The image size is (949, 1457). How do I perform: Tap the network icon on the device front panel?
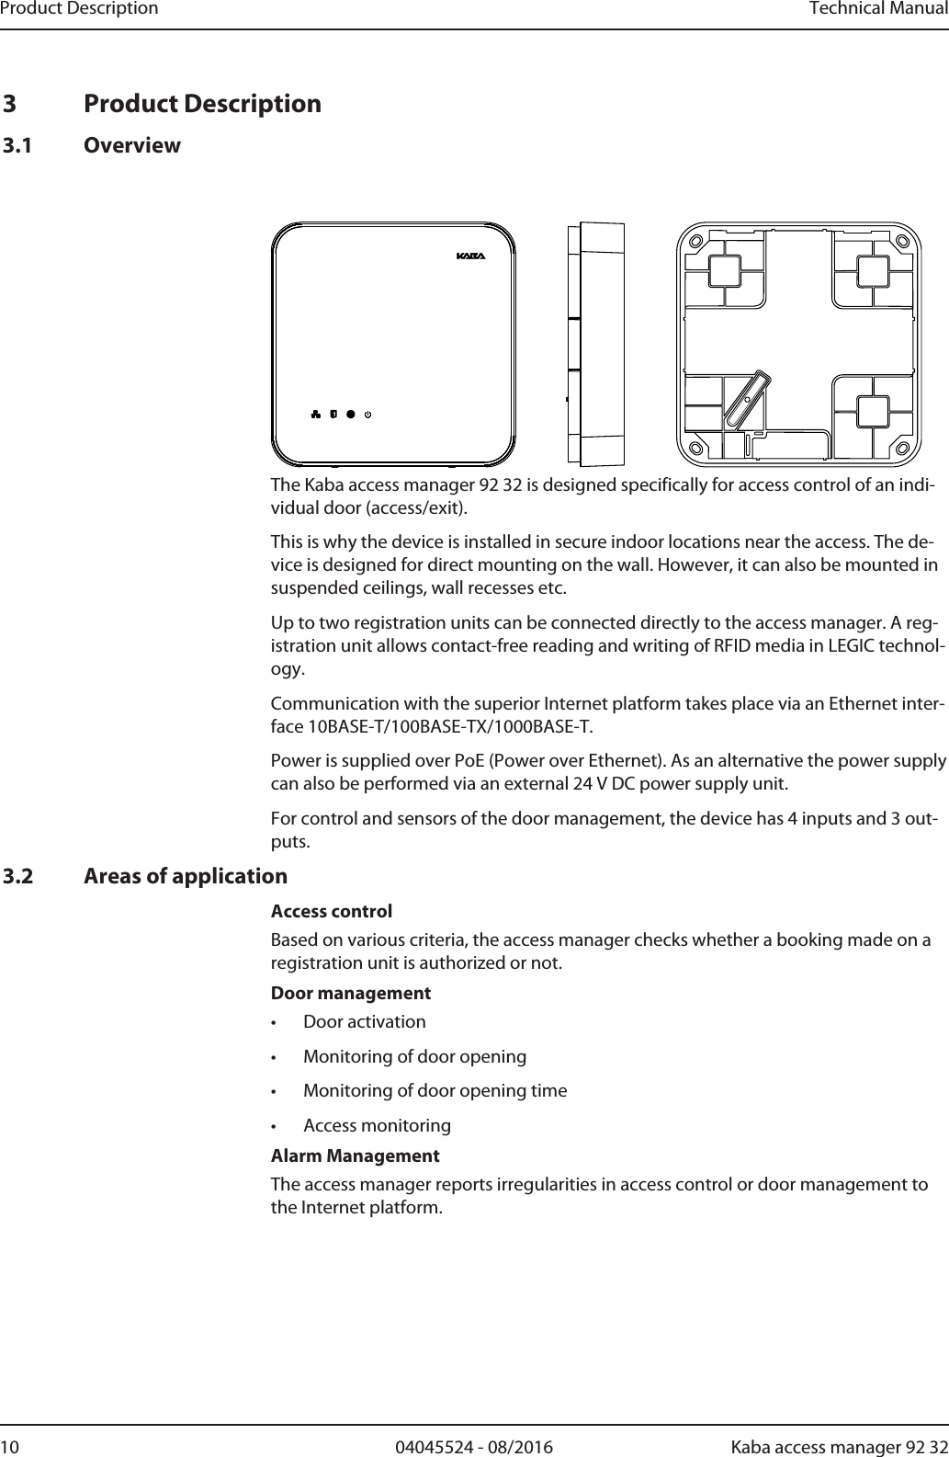(x=315, y=414)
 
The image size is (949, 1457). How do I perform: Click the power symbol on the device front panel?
(x=368, y=414)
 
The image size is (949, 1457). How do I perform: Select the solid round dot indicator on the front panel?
(x=351, y=414)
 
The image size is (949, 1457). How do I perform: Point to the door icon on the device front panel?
(x=333, y=414)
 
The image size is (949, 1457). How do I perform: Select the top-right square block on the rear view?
(x=871, y=271)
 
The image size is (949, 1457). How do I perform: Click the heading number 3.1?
(x=28, y=145)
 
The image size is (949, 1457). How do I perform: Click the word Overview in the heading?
(x=132, y=145)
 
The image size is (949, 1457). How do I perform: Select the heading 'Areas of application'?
(x=185, y=876)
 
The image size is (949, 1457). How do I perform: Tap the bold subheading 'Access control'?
(x=332, y=912)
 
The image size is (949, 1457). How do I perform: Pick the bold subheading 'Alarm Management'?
(x=355, y=1155)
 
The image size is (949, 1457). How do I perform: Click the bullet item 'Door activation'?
(x=365, y=1022)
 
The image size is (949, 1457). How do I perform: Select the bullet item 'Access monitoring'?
(x=377, y=1125)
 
